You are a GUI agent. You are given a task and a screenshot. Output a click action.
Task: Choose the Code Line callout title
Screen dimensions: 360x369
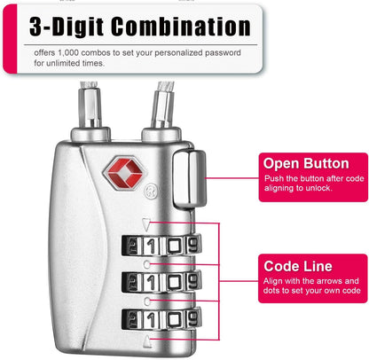pos(299,265)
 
